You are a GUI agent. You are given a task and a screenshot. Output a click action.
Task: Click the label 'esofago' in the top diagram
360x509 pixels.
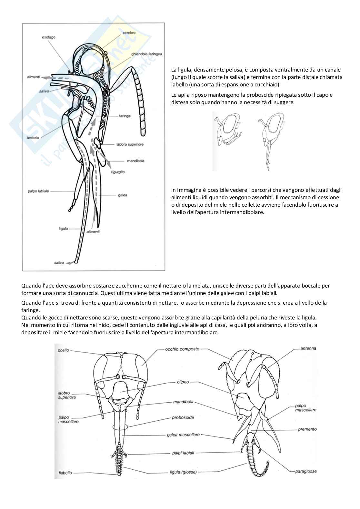point(48,37)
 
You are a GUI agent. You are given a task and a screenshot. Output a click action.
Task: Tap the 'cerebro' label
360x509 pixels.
point(129,33)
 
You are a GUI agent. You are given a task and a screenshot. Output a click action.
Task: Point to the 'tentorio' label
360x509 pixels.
point(33,138)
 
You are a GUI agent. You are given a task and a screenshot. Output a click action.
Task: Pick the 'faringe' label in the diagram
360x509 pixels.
point(124,116)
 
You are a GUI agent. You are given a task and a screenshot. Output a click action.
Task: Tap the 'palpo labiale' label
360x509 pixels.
point(38,191)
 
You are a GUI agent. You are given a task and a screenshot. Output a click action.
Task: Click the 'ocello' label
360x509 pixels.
point(63,350)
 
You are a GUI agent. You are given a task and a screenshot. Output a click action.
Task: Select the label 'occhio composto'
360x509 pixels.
point(182,349)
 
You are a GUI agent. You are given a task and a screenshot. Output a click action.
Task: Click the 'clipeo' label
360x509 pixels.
point(183,382)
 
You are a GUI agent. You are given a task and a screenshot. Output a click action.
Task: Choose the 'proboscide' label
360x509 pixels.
point(183,417)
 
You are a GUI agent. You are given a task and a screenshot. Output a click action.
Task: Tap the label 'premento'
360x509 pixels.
point(307,429)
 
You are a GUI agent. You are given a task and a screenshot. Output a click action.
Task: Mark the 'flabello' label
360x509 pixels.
point(65,473)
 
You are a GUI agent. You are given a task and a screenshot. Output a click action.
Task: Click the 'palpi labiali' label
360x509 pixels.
point(183,453)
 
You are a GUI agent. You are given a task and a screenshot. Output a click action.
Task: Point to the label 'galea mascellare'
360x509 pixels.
point(183,435)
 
